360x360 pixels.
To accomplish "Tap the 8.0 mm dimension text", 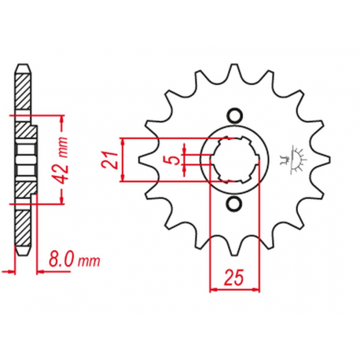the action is pos(74,260).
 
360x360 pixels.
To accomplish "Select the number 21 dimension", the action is pos(110,160).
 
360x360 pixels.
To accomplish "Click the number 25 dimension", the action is pos(233,277).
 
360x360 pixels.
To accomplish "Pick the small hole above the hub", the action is pos(234,116).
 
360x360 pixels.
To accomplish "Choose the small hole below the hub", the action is pos(234,204).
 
